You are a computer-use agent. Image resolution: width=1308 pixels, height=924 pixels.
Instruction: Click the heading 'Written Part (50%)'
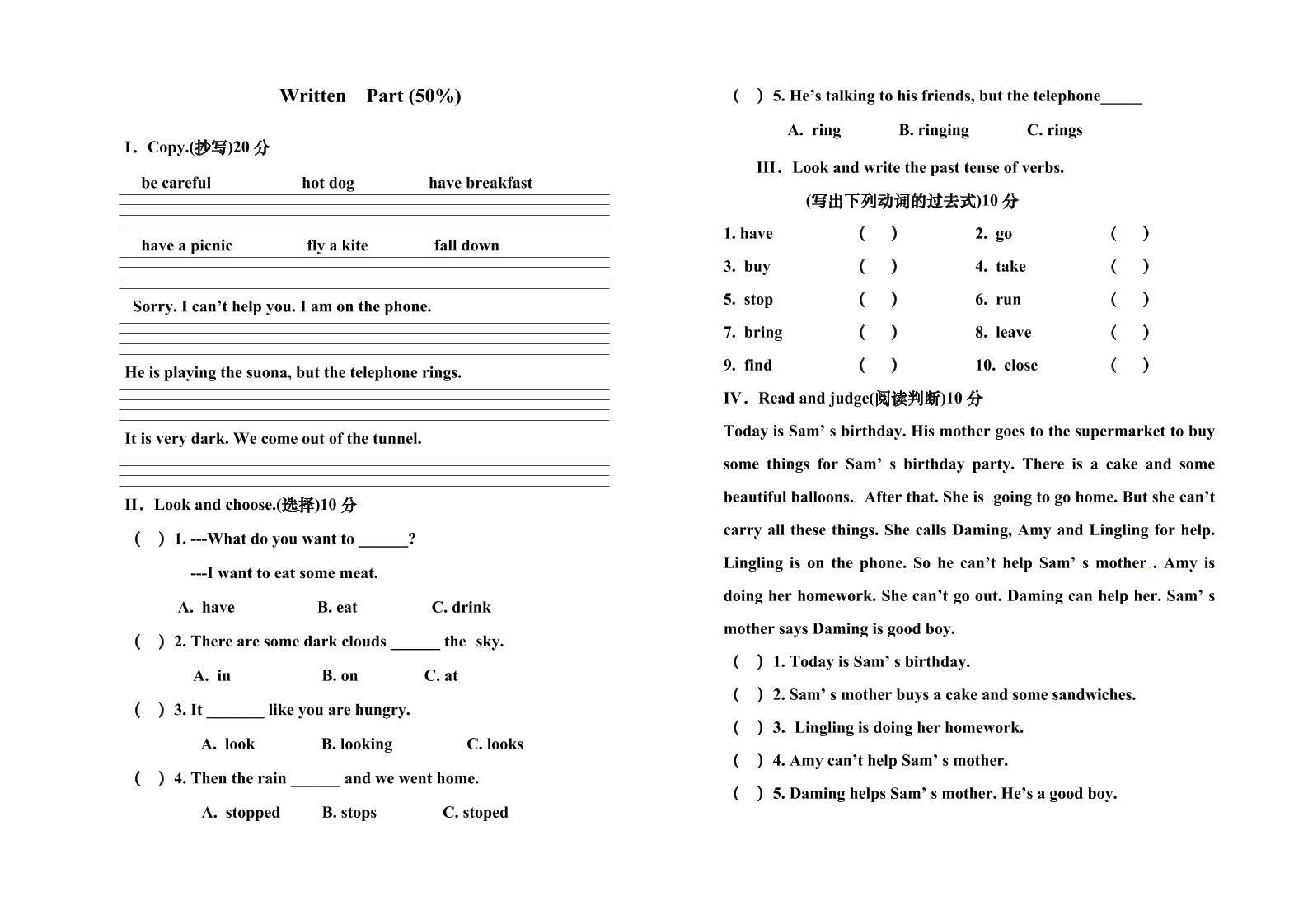pos(370,96)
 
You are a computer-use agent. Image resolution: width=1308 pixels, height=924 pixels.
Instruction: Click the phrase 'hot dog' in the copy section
pos(328,183)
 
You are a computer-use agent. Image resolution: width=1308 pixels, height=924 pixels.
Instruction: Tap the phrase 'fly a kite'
pos(337,245)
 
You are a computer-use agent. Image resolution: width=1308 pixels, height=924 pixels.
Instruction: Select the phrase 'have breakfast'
pos(481,183)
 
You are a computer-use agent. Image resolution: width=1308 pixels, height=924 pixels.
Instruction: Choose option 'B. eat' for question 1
pos(337,608)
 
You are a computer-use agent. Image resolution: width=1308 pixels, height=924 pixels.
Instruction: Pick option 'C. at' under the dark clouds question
pos(441,676)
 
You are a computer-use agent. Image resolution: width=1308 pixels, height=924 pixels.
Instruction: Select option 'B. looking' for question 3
pos(356,744)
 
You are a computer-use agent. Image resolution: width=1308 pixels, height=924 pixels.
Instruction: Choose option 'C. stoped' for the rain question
pos(475,813)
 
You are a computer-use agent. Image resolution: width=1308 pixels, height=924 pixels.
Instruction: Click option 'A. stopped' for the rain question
pos(241,813)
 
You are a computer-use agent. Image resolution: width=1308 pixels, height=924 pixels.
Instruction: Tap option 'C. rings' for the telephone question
pos(1054,130)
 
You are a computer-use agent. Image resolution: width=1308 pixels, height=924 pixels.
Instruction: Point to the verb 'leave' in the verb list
pos(1013,333)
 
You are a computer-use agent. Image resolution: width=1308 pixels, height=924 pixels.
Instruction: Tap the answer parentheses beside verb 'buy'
pos(878,266)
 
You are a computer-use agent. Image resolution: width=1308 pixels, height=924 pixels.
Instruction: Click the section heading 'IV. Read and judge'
pos(853,399)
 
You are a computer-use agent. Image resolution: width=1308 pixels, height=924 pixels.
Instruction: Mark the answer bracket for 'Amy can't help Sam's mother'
pos(748,761)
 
